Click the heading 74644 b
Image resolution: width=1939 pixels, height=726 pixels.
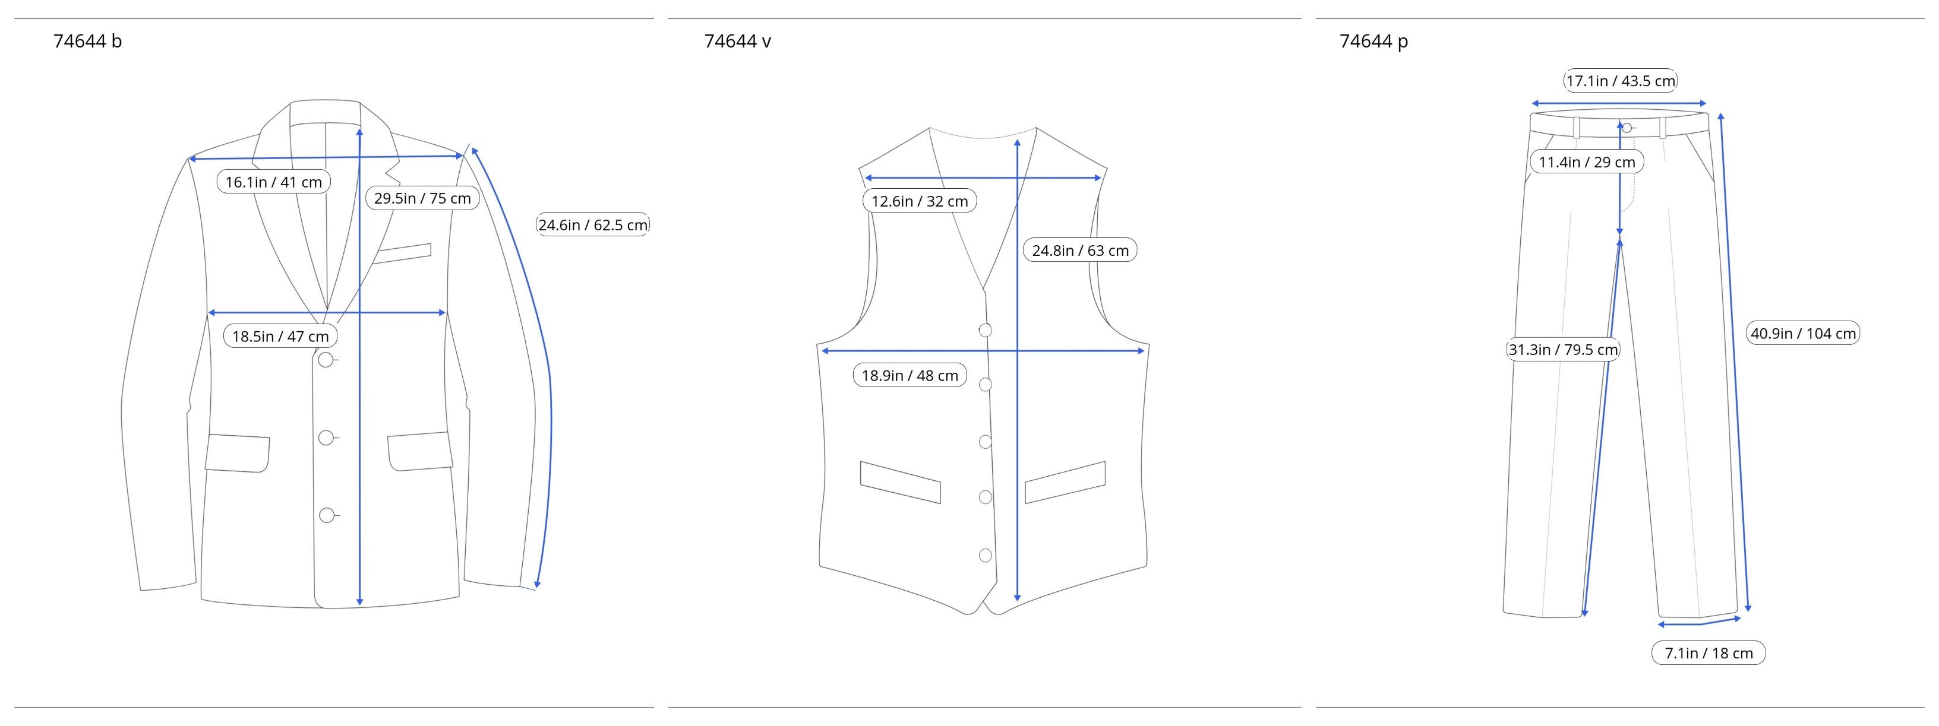87,42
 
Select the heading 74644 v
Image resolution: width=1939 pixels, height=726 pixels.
738,42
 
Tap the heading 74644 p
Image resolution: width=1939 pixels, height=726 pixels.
1373,42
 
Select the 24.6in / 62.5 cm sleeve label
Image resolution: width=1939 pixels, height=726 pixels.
593,225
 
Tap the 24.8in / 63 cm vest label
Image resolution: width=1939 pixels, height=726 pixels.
1080,251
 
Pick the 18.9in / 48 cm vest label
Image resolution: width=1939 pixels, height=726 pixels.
910,375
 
